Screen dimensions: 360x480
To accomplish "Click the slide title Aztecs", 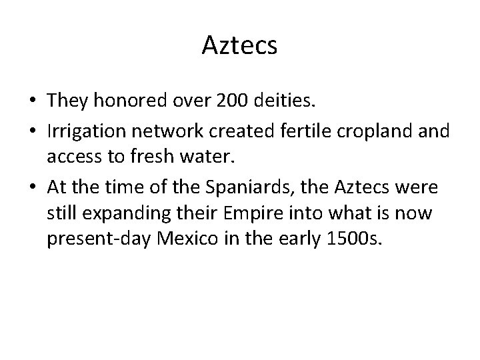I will tap(239, 46).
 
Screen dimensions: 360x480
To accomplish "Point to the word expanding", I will tap(123, 215).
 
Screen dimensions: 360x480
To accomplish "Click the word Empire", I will tap(257, 215).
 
